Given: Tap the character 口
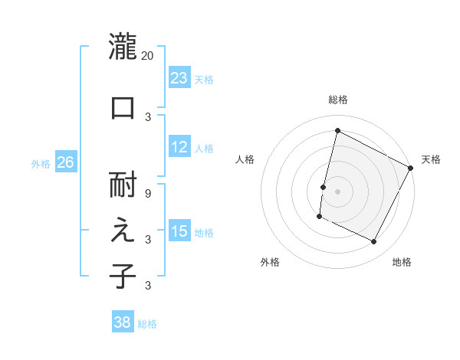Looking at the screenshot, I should point(123,107).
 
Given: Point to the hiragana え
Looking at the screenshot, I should point(123,231).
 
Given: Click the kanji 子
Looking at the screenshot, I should point(123,276).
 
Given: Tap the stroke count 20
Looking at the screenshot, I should point(148,56).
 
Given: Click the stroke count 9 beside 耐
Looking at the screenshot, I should point(148,194).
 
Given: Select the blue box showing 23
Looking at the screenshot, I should point(179,77).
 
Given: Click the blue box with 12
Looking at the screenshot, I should point(179,147).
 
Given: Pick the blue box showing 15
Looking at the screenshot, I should point(179,231).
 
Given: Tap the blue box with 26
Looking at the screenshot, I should point(65,162).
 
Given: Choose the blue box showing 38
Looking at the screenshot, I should point(123,322).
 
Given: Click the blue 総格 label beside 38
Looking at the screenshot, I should point(147,324).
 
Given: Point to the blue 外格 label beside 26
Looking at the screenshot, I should point(41,163).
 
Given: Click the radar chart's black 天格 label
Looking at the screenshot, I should point(431,159).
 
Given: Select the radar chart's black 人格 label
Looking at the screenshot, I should point(245,159).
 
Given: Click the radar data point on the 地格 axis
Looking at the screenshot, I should point(373,242).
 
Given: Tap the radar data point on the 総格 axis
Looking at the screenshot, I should point(337,131).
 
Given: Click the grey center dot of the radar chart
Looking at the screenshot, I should point(337,191).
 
